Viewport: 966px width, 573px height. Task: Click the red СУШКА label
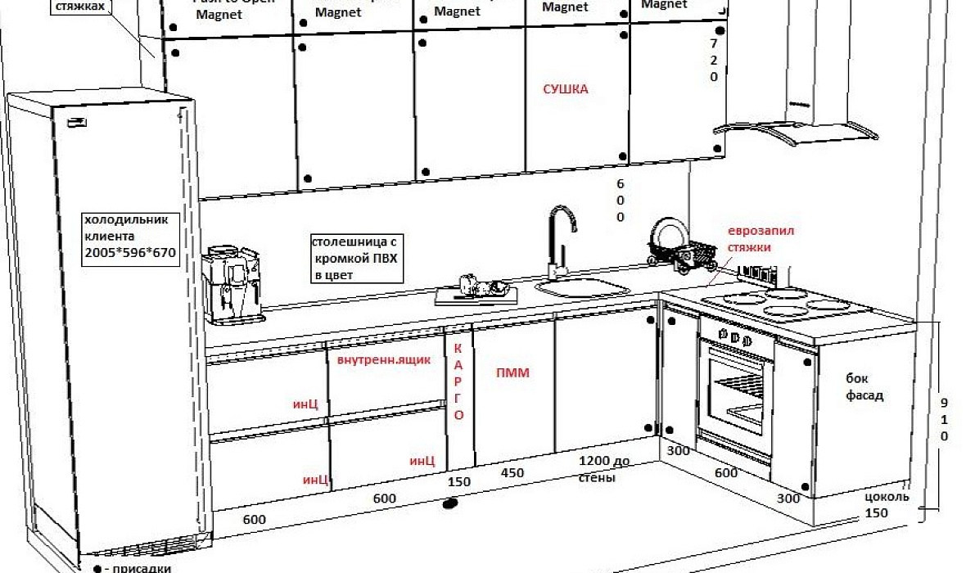[x=566, y=89]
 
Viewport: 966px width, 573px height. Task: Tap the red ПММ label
[x=513, y=373]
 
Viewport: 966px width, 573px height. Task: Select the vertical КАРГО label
[x=458, y=381]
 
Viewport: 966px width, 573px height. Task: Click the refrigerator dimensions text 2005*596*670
[x=130, y=253]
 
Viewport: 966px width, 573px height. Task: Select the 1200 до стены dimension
[x=605, y=468]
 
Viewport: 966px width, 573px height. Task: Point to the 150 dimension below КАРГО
[x=459, y=481]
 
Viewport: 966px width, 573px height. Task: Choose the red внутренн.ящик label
[x=378, y=360]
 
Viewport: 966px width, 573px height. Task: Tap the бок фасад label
[x=865, y=387]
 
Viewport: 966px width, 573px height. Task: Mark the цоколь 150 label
[x=886, y=504]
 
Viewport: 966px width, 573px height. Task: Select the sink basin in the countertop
[x=583, y=288]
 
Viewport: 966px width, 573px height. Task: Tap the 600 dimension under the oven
[x=726, y=472]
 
